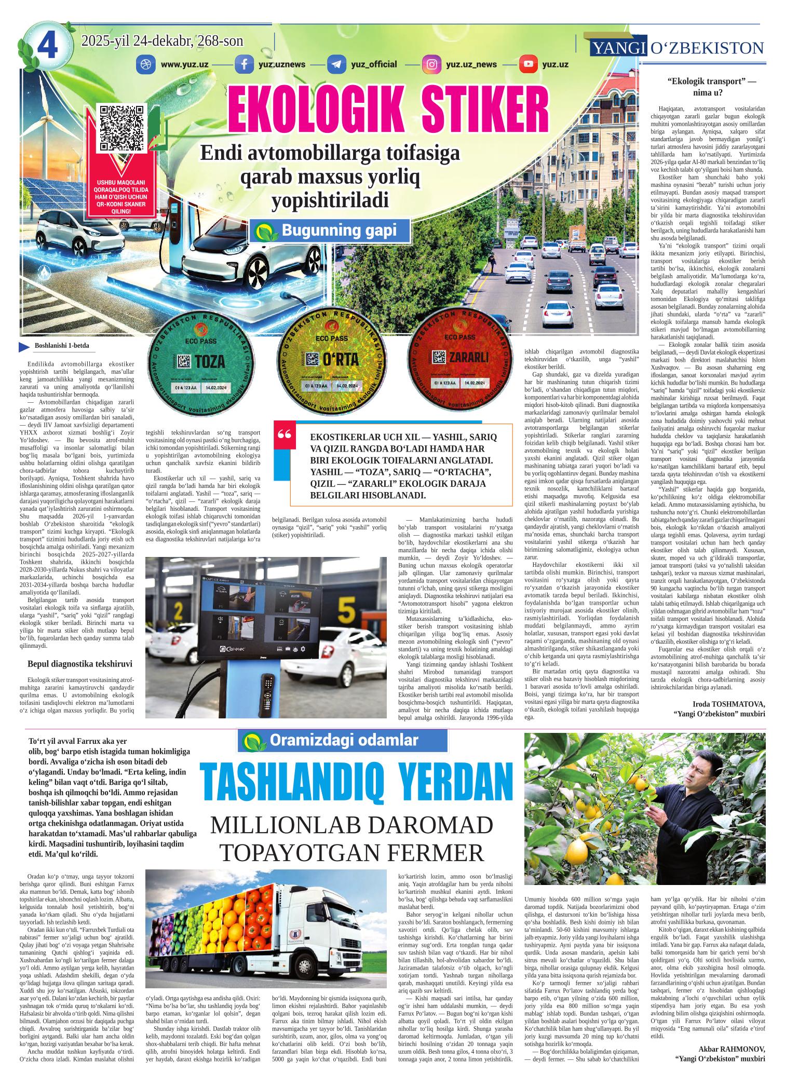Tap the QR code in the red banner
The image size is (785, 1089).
point(121,128)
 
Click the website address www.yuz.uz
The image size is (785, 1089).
point(185,65)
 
